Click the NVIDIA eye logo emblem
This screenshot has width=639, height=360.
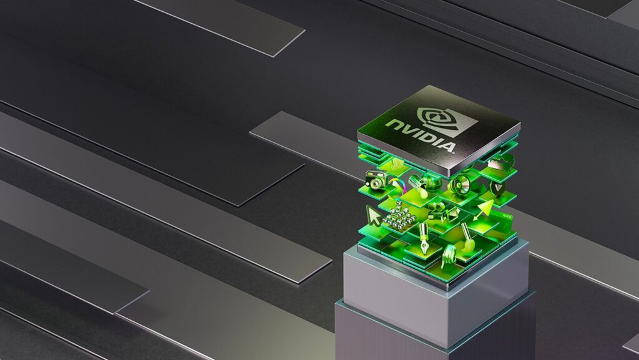447,121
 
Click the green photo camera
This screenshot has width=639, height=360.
376,180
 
